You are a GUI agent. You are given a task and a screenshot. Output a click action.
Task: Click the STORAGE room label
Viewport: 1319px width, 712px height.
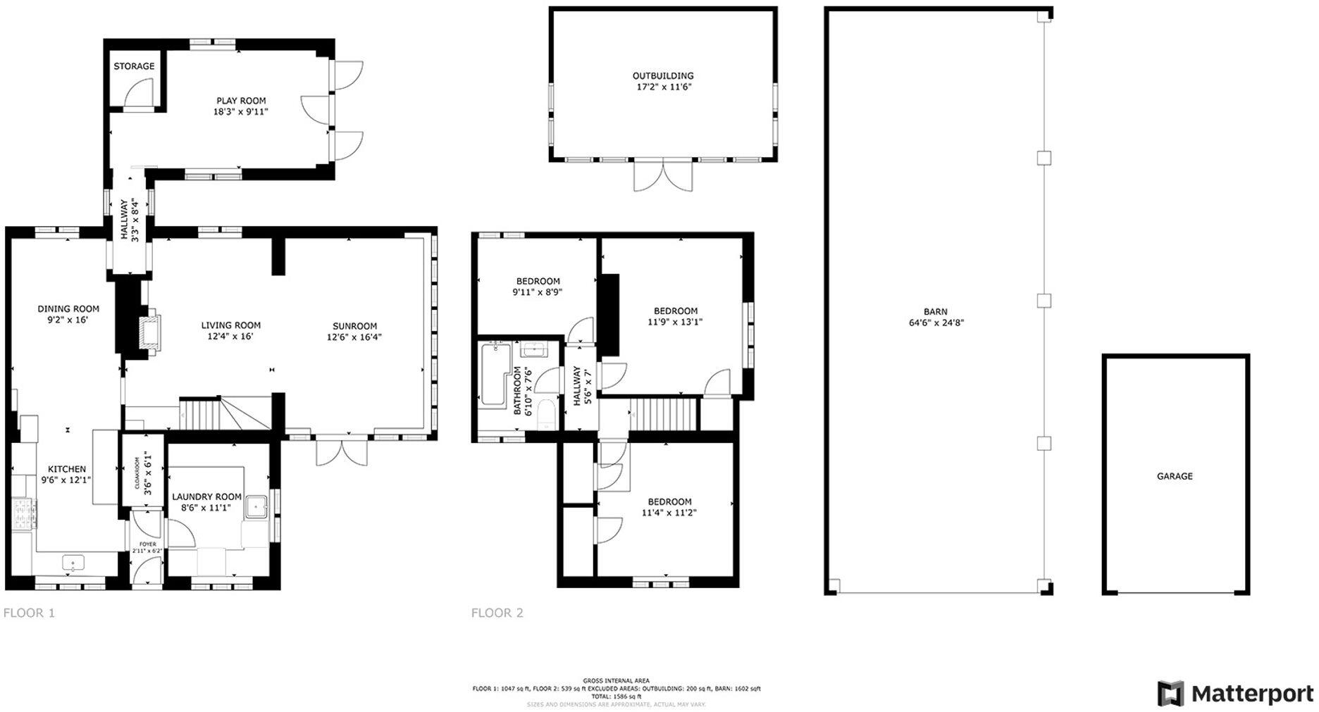[x=134, y=66]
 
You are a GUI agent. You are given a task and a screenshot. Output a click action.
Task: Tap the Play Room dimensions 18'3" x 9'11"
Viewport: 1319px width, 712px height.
[x=241, y=112]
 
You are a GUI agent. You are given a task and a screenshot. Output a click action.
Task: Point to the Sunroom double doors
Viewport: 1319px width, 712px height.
[x=342, y=452]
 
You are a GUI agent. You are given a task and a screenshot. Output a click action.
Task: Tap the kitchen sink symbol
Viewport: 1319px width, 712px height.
[x=73, y=563]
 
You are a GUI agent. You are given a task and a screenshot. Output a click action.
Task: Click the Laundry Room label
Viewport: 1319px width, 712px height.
[x=206, y=496]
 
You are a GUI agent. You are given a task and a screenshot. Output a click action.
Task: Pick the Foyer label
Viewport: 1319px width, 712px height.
[x=147, y=544]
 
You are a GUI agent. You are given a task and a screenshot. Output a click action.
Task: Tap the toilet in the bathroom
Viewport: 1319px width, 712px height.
[x=546, y=414]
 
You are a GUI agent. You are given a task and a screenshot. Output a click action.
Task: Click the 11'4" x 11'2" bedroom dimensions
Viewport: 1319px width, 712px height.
[x=669, y=513]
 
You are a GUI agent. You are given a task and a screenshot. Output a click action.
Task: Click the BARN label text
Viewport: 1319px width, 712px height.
[x=936, y=311]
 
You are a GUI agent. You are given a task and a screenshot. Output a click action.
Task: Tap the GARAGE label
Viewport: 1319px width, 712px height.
[x=1175, y=476]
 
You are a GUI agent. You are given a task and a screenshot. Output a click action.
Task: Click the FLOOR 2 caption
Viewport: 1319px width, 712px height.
[x=497, y=613]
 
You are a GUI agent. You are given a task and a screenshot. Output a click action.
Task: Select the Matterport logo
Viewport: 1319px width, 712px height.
[x=1235, y=694]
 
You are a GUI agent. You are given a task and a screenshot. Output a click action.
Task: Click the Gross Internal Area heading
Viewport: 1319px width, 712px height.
[x=616, y=681]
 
